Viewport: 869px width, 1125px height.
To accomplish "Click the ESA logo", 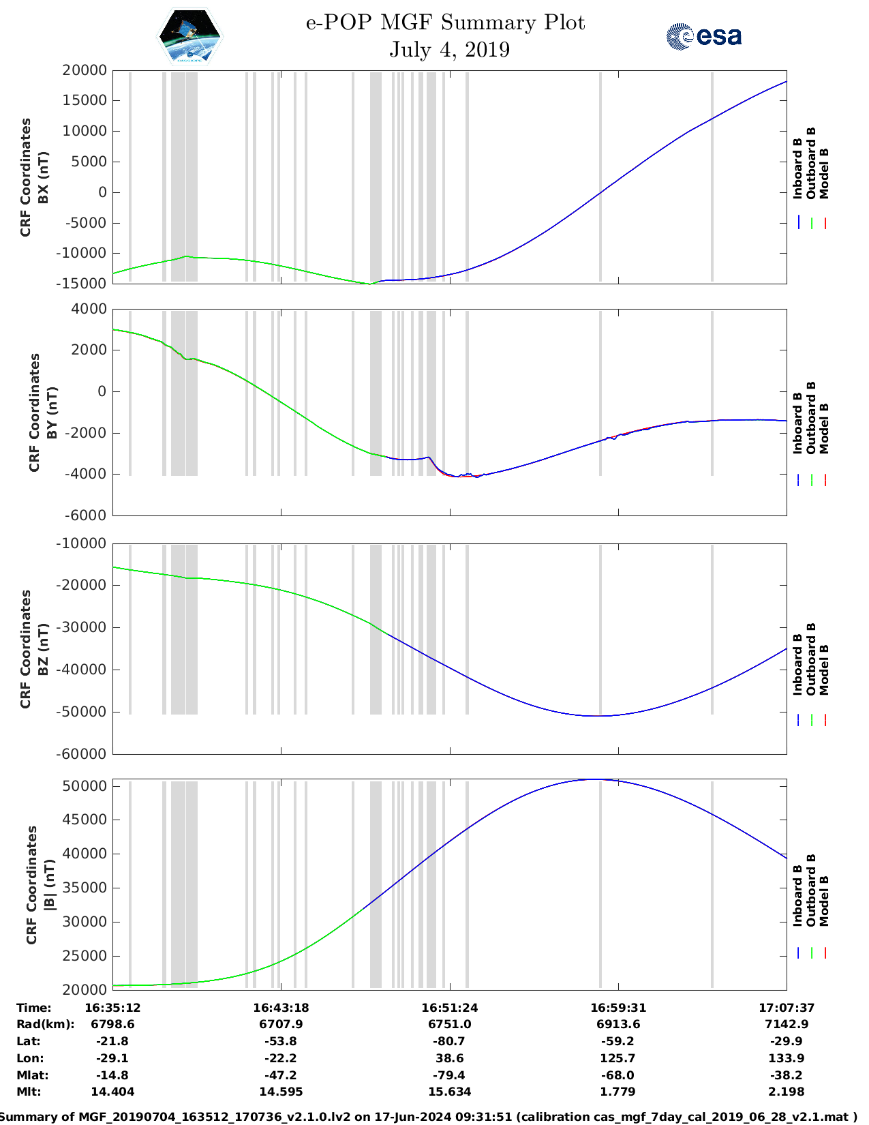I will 704,36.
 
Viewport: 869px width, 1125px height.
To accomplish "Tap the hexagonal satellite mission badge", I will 190,36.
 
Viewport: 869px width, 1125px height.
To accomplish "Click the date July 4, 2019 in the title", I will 449,50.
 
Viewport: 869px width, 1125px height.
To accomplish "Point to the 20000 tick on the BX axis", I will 84,70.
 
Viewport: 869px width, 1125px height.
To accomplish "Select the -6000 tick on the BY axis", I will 86,515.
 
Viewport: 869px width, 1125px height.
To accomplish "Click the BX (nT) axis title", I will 44,177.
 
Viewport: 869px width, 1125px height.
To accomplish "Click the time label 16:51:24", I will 449,1008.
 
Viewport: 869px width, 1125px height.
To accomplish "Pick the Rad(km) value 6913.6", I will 618,1024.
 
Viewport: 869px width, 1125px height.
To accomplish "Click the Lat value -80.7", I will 449,1041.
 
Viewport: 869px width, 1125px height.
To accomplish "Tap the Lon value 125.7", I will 618,1058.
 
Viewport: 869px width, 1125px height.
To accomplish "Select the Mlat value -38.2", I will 786,1075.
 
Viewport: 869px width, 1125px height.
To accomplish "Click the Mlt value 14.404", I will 112,1092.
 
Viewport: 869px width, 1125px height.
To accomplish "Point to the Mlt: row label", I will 29,1092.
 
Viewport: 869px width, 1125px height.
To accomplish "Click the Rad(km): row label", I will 45,1024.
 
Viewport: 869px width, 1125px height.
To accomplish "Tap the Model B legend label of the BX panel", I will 824,173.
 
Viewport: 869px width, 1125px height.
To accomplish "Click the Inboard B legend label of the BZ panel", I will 797,665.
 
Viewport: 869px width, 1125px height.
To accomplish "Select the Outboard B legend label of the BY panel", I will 811,418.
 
